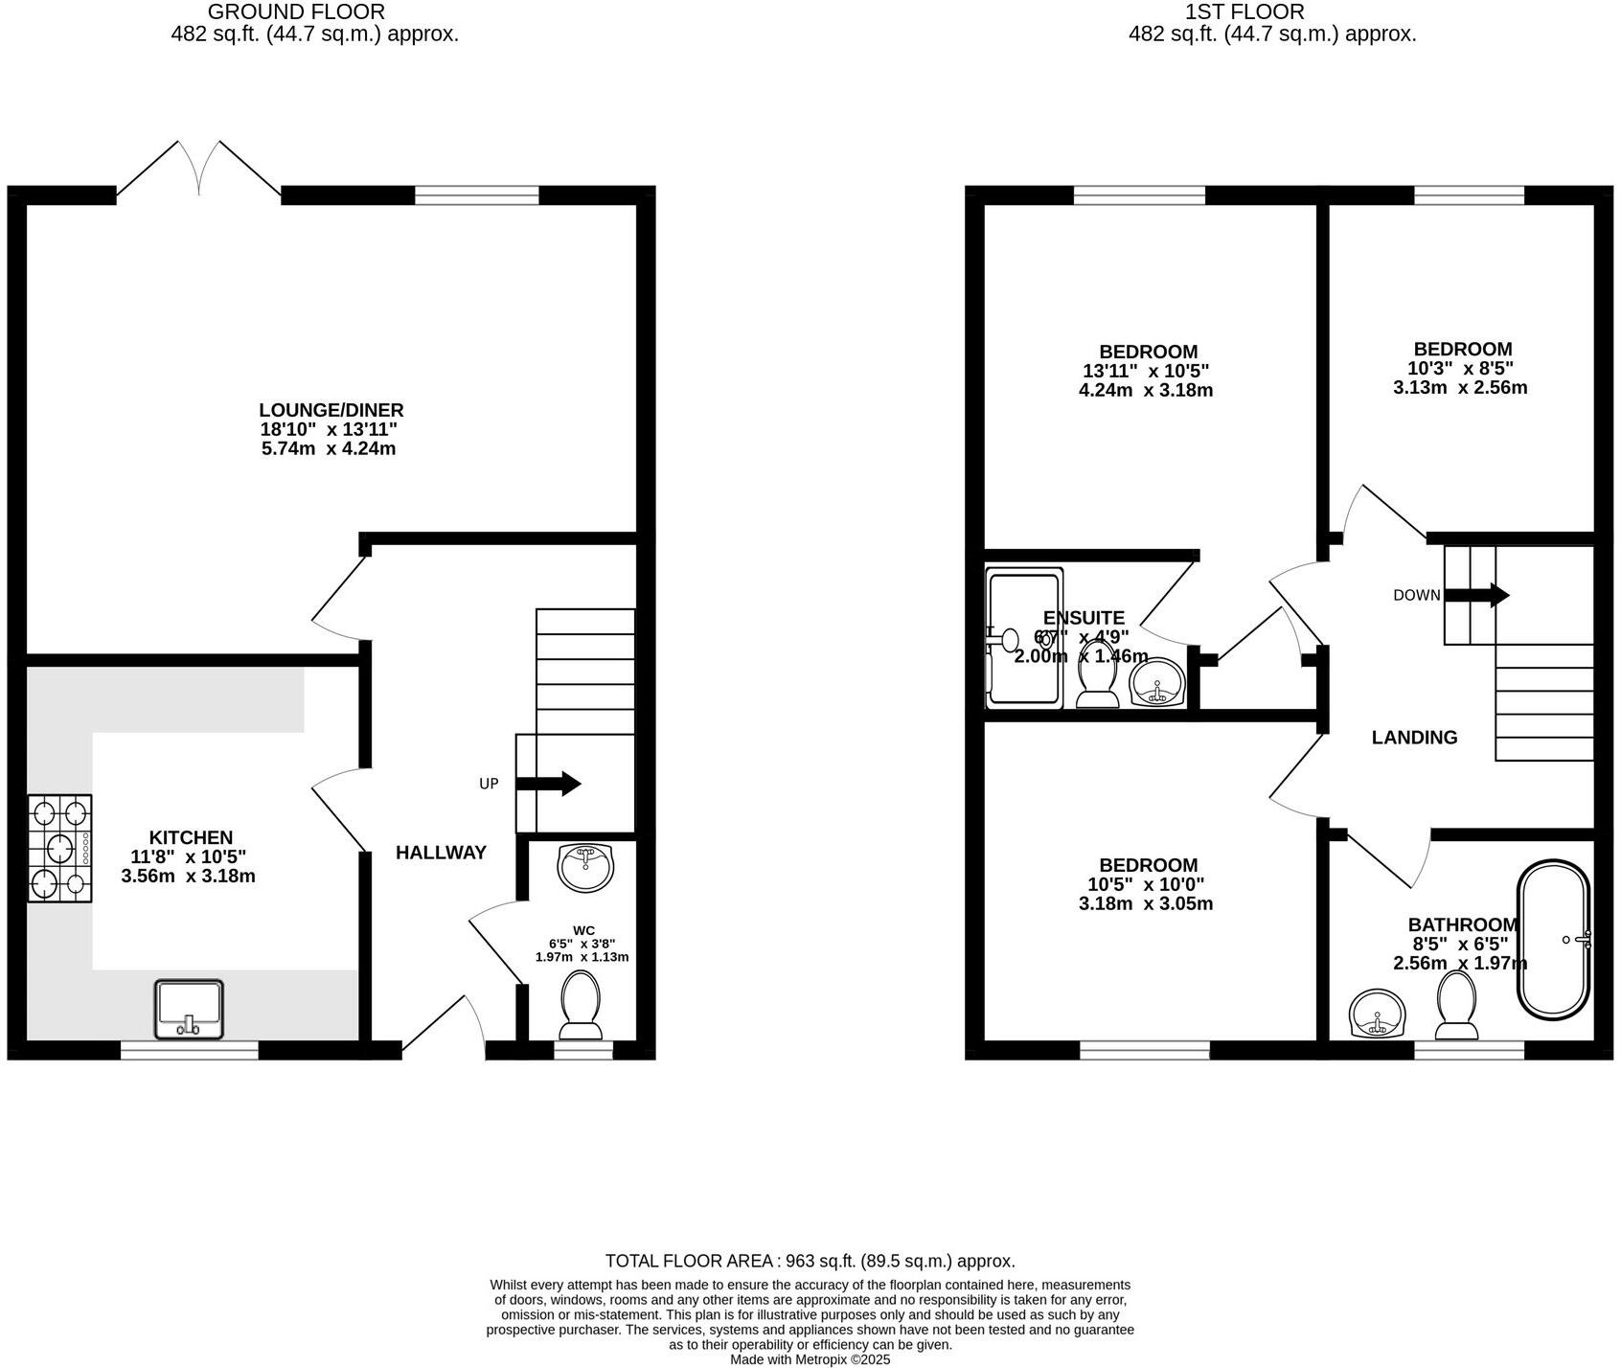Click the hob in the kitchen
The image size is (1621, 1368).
tap(59, 848)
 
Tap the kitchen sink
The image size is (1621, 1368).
tap(189, 1009)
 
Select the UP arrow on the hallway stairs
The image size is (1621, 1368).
tap(549, 784)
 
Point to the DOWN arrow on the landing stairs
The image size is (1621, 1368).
tap(1476, 595)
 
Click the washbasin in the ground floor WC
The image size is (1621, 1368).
tap(584, 867)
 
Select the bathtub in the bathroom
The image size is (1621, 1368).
tap(1553, 941)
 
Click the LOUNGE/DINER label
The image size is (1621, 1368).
tap(331, 410)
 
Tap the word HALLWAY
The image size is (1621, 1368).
tap(441, 853)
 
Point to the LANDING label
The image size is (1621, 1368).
tap(1414, 738)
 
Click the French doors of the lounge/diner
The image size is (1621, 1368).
tap(199, 171)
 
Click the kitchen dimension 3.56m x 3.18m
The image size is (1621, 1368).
tap(188, 876)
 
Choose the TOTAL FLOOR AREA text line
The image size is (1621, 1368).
tap(810, 1261)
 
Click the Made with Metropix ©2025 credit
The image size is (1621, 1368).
tap(810, 1359)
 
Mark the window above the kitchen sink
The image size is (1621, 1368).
tap(189, 1051)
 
